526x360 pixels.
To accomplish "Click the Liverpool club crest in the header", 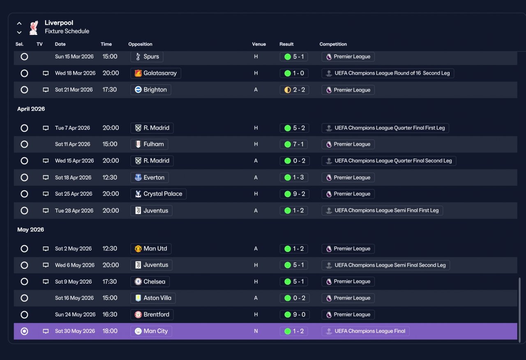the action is (34, 28).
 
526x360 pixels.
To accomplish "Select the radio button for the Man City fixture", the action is (24, 331).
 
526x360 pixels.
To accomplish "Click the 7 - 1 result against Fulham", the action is (294, 144).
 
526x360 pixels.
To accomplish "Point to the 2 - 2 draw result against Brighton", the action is (295, 90).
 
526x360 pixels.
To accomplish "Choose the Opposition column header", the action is (140, 44).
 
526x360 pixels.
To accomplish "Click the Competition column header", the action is (333, 44).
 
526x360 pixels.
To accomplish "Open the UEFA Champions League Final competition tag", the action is (365, 331).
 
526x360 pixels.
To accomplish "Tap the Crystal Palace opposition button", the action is (159, 194).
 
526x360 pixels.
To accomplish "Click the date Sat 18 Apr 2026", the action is (73, 178).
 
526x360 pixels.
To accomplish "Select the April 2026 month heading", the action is (31, 109).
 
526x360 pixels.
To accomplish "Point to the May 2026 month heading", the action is (30, 229).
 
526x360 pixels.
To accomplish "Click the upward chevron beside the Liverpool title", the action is (19, 23).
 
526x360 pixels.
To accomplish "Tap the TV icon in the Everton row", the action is (46, 177).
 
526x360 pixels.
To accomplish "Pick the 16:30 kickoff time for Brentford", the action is (110, 314).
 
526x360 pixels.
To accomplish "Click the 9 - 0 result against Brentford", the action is (295, 315).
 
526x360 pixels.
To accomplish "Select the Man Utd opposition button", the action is (151, 249).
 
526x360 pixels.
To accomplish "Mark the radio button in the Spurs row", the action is (24, 57).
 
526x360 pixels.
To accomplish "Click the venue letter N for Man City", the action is (256, 331).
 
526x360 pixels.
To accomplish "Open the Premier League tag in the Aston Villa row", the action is (348, 298).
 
